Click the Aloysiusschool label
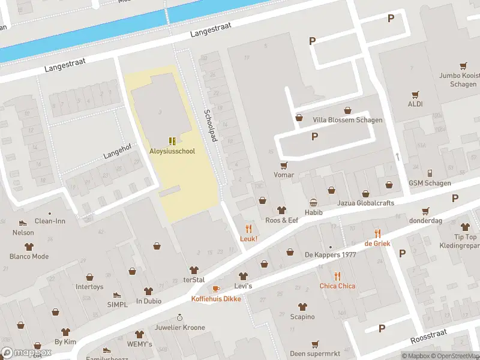pos(172,151)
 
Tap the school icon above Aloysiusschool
pos(172,141)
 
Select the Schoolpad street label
pos(209,125)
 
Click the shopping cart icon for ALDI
pos(415,94)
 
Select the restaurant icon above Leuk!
pos(248,229)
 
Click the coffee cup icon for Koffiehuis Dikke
pos(216,289)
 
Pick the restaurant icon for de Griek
pos(377,233)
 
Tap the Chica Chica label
pos(337,286)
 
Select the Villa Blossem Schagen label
pos(347,120)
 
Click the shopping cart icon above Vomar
pos(284,165)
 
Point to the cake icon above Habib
pos(313,203)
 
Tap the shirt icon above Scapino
pos(302,307)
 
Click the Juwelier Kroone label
pos(179,328)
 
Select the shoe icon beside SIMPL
pos(116,295)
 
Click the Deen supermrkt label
pos(315,353)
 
